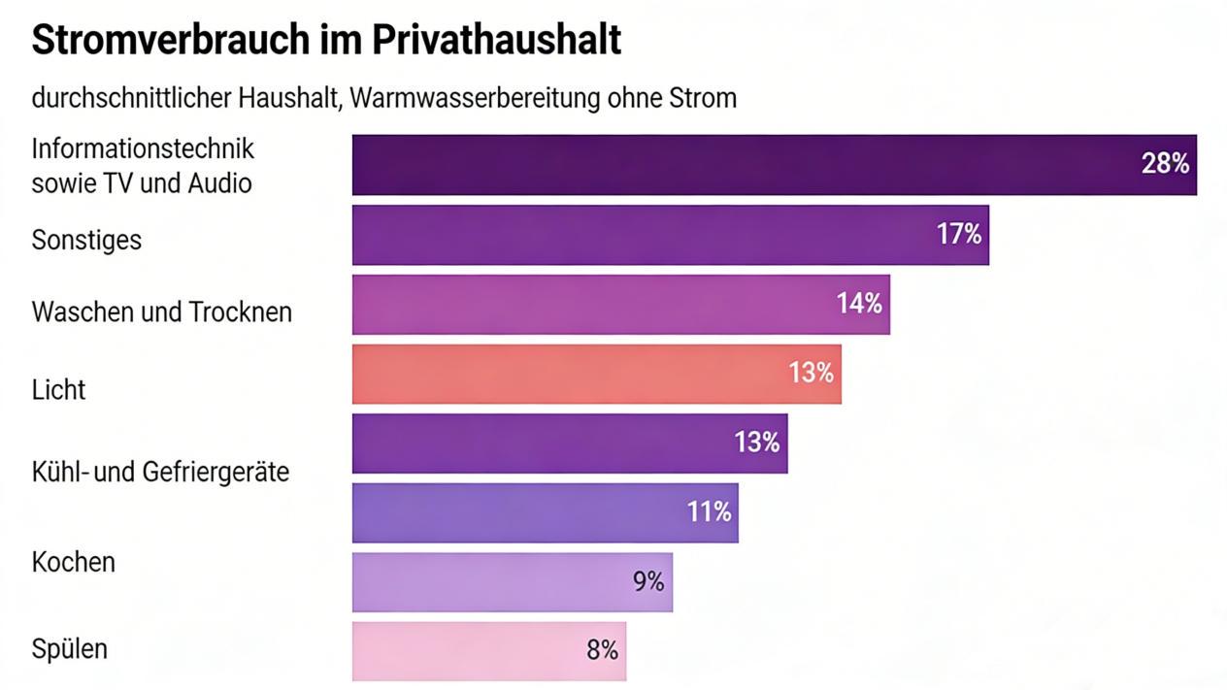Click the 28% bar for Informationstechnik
pos(738,165)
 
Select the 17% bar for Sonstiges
pos(641,235)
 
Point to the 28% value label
pos(1165,164)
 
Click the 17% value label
pos(959,234)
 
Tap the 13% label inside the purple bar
pos(757,443)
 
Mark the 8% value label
pos(602,650)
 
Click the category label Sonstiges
pos(86,240)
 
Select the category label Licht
pos(58,390)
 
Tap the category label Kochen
pos(73,562)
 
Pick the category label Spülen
pos(69,648)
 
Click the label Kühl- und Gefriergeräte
pos(160,473)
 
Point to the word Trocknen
pos(241,312)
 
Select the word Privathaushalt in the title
pos(499,41)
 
